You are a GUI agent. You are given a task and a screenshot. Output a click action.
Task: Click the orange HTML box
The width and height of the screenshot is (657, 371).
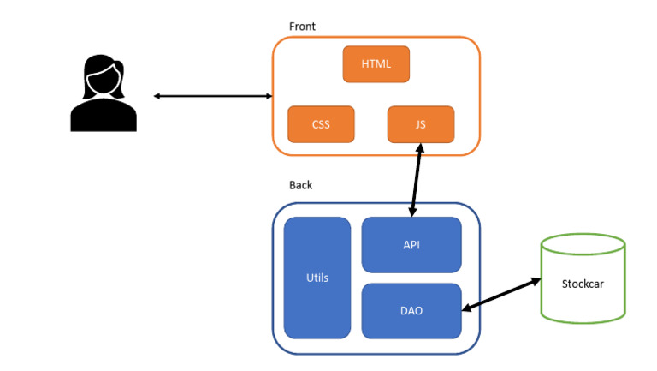[376, 64]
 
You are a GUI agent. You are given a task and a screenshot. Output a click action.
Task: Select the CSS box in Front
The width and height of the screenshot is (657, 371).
[321, 124]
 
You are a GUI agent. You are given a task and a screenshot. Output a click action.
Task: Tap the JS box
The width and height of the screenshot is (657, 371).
[420, 124]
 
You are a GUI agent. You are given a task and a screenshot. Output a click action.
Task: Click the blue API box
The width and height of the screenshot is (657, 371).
[411, 244]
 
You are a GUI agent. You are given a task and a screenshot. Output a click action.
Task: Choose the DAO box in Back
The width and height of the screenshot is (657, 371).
[411, 310]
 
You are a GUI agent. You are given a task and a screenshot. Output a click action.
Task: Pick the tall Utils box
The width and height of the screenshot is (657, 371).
[317, 278]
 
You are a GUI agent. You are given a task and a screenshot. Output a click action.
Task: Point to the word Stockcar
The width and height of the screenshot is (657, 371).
[583, 284]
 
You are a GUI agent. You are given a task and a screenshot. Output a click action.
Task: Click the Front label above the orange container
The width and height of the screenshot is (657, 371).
[302, 27]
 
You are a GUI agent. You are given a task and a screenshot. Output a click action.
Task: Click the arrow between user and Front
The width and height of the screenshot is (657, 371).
[213, 96]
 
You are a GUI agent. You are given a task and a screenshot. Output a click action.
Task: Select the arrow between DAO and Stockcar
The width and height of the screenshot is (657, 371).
[501, 294]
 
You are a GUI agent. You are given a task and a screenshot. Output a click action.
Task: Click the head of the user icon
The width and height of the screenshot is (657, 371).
[103, 77]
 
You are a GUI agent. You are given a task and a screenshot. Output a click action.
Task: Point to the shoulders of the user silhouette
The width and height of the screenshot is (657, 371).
[104, 116]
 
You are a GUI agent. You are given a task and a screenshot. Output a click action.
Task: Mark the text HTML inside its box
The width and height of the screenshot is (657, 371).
[376, 64]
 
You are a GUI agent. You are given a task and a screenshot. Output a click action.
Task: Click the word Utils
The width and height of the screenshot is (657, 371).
[317, 278]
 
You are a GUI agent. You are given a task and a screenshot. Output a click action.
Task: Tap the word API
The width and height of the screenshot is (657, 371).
[411, 244]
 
